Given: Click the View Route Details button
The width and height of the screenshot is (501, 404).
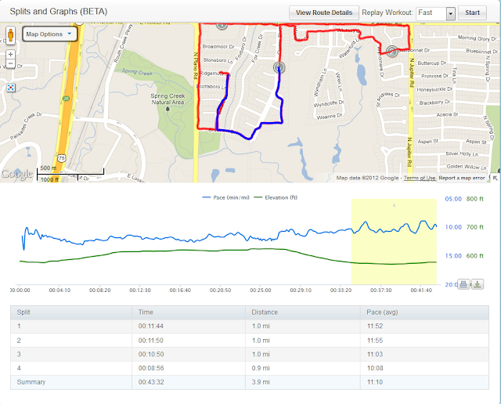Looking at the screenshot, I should (323, 13).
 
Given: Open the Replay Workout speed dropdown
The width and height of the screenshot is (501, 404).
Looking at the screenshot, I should (450, 13).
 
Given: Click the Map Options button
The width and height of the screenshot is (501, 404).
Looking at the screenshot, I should (48, 34).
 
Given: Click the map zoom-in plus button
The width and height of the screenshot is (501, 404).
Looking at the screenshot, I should (10, 55).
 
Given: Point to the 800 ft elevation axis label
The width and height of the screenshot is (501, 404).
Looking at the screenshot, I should (475, 199).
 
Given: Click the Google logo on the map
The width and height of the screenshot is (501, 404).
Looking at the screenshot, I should (17, 174).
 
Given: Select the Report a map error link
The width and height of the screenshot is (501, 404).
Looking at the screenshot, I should (467, 178).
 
